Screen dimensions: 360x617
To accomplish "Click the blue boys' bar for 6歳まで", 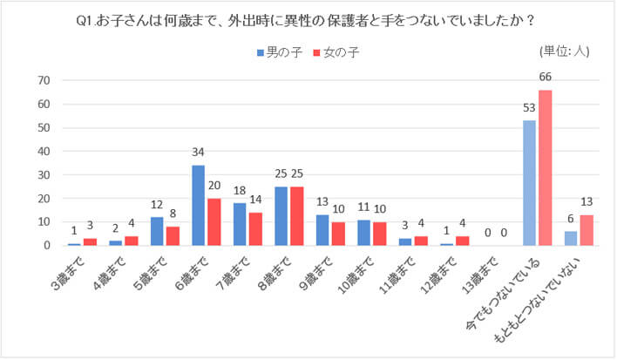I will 198,206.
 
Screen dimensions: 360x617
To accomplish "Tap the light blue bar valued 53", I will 529,183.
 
